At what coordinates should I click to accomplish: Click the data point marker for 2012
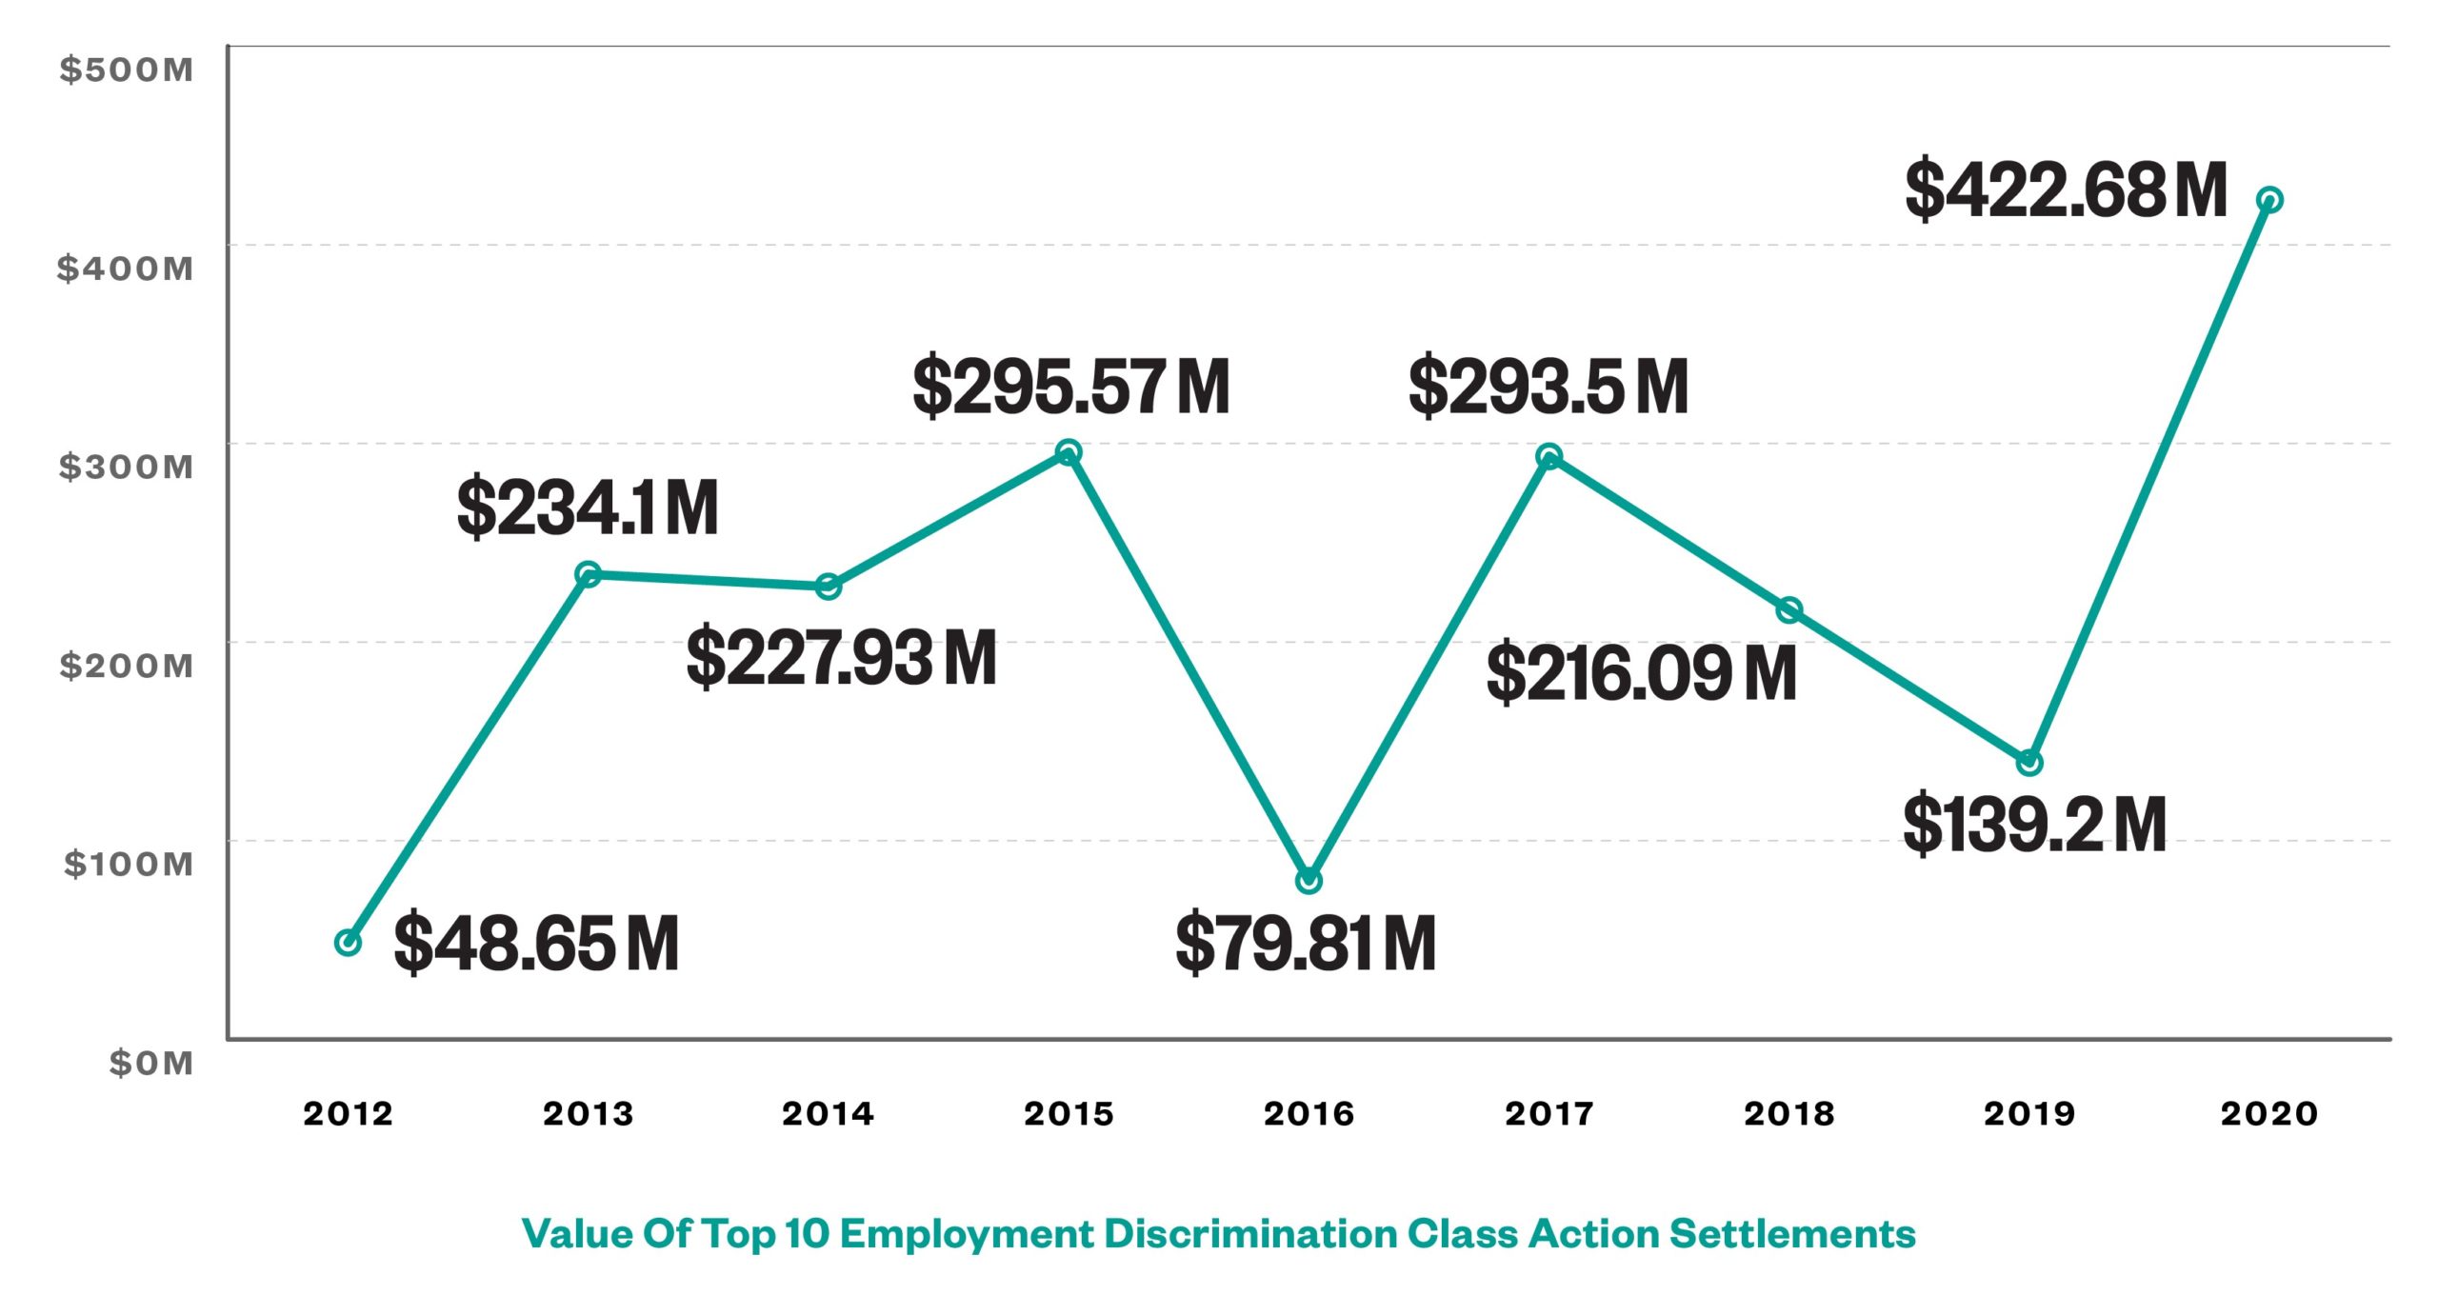point(349,943)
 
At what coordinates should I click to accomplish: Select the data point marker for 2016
point(1309,880)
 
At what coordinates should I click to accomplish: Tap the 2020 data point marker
point(2269,200)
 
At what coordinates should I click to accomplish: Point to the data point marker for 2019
point(2029,763)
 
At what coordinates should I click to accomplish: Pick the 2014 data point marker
point(829,587)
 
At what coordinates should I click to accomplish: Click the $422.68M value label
point(2066,190)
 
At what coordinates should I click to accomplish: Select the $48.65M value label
point(536,943)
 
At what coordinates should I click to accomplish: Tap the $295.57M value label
point(1070,387)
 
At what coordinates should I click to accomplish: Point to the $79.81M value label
point(1306,943)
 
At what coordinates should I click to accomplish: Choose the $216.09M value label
point(1641,673)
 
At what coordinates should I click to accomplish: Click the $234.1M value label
point(587,508)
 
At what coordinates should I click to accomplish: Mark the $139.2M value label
point(2034,825)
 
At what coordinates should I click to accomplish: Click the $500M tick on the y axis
point(126,70)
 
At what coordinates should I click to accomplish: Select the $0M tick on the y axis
point(150,1063)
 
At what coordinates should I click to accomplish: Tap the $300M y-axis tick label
point(126,467)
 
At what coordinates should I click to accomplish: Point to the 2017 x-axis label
point(1549,1113)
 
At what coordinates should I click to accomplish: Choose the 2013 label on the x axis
point(589,1113)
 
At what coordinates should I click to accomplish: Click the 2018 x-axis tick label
point(1789,1113)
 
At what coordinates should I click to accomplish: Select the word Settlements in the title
point(1792,1234)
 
